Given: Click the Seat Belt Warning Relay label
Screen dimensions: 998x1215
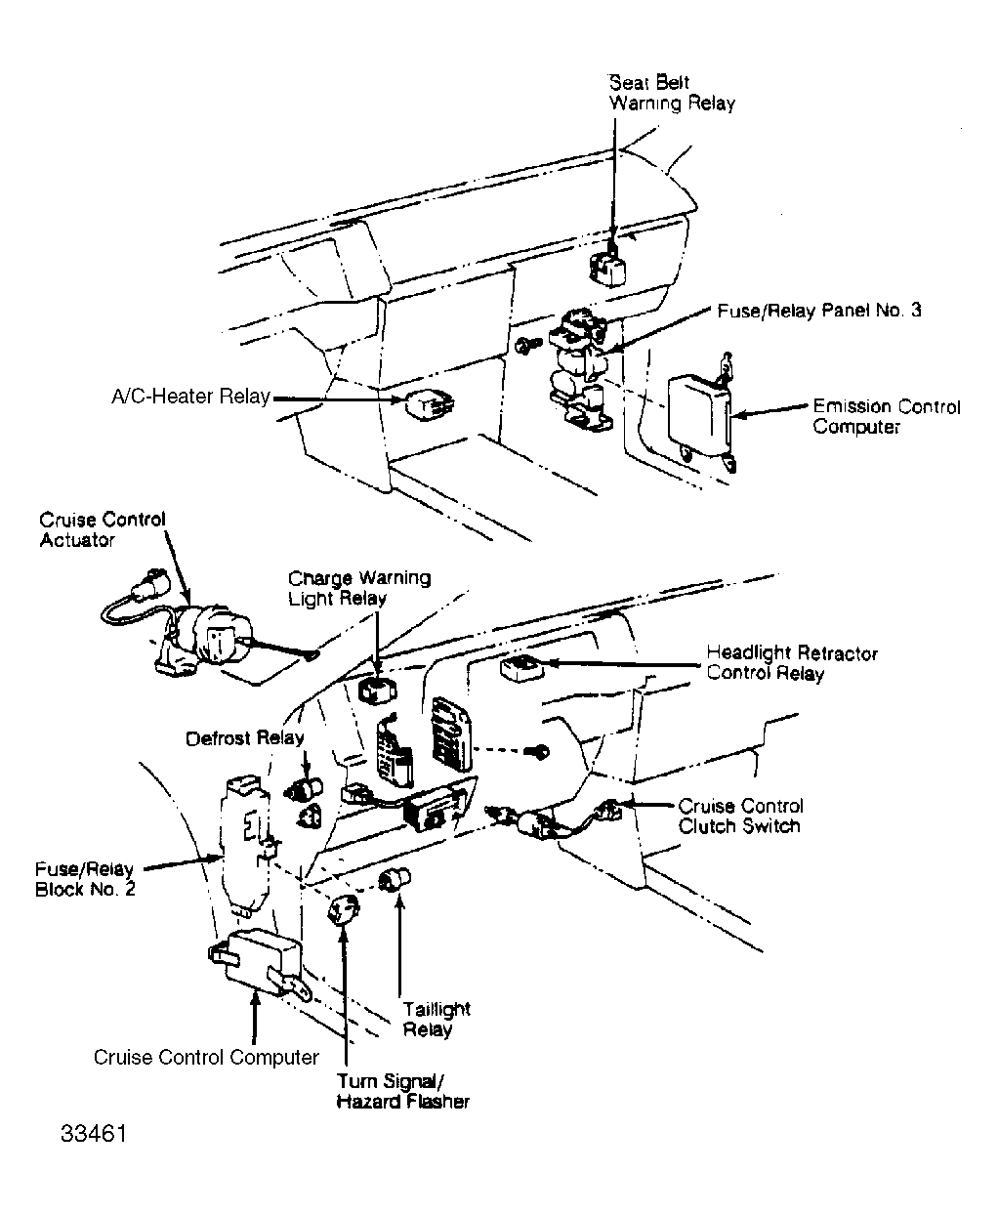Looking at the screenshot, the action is [x=672, y=93].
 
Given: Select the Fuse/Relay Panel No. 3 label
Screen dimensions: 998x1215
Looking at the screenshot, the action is [x=819, y=311].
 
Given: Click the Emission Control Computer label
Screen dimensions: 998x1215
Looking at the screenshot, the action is [x=887, y=416].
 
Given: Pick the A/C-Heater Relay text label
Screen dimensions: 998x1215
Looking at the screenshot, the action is [x=190, y=397].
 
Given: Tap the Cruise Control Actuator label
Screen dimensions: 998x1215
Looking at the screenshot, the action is [x=102, y=530].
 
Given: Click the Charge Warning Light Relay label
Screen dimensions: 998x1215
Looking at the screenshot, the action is [x=359, y=588].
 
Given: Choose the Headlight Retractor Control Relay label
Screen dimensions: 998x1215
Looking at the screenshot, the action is [x=792, y=663].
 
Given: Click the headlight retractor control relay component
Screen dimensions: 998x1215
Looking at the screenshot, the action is [x=522, y=669].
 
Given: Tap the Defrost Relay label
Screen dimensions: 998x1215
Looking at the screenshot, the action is [x=245, y=738].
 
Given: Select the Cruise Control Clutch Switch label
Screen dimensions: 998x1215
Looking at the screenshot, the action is [x=740, y=816].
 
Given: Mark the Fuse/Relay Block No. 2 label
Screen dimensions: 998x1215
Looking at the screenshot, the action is [x=85, y=879].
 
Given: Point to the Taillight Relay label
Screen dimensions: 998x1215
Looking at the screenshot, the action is [x=437, y=1019].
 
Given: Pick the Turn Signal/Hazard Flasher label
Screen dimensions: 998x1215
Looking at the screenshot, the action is [x=402, y=1091].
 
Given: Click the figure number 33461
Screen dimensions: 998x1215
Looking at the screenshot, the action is [x=94, y=1134].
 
